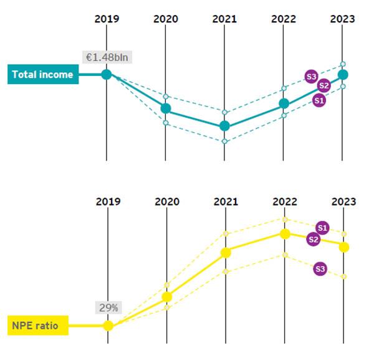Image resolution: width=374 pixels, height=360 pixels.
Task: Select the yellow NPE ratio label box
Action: point(38,325)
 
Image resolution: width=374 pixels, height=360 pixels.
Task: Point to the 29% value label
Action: point(108,308)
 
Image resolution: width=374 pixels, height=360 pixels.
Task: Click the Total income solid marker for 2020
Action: point(166,108)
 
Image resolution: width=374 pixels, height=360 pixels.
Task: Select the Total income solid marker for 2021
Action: point(225,126)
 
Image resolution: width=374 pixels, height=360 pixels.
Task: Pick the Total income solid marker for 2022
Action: point(284,103)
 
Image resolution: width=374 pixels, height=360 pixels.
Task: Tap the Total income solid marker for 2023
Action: point(343,75)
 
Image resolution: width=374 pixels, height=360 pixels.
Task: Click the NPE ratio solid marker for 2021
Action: point(226,252)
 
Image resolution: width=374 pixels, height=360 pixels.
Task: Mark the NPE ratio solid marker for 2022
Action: point(285,234)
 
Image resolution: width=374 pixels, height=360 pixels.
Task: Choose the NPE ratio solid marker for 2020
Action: point(166,296)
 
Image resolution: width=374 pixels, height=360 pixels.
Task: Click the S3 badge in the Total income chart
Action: point(312,77)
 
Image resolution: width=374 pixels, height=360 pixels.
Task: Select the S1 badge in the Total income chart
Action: point(319,100)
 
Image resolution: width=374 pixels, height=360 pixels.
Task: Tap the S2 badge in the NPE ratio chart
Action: point(314,240)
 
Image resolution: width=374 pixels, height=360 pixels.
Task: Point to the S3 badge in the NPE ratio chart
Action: point(320,269)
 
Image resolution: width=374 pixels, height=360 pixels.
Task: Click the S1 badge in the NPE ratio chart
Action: point(322,227)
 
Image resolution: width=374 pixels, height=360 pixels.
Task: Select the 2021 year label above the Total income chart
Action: point(225,19)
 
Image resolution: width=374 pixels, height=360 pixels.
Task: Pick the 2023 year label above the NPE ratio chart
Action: point(343,202)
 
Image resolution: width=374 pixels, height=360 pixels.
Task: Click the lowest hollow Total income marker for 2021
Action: point(225,141)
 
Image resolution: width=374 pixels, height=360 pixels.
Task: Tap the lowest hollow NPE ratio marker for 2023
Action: point(344,276)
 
